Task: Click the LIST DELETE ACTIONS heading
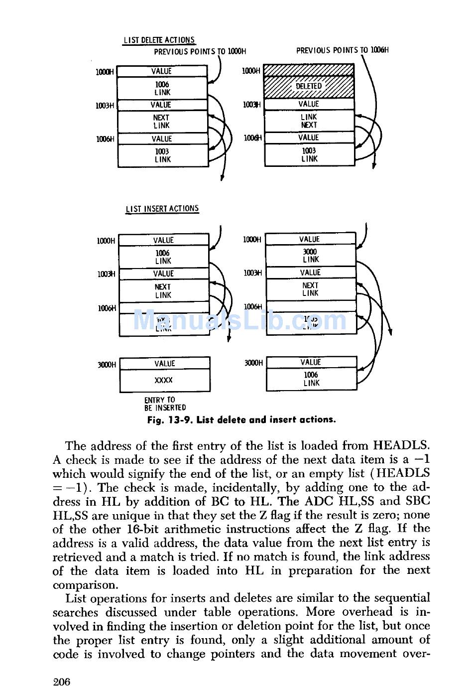click(x=159, y=40)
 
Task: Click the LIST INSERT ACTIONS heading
click(x=162, y=209)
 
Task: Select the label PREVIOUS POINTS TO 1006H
click(x=342, y=50)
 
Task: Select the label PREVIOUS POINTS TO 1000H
click(x=200, y=51)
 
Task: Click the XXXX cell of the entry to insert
click(x=164, y=380)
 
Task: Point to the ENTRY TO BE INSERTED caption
click(x=165, y=404)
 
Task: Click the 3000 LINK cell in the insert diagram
click(x=311, y=256)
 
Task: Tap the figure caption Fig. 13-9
click(x=241, y=419)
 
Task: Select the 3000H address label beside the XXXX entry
click(x=107, y=365)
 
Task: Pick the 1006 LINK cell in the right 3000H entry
click(x=311, y=379)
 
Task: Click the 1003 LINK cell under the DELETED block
click(x=309, y=154)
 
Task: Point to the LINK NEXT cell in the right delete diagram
click(x=309, y=121)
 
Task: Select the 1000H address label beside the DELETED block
click(x=251, y=71)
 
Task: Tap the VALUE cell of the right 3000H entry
click(x=311, y=362)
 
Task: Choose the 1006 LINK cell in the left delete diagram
click(x=162, y=89)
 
